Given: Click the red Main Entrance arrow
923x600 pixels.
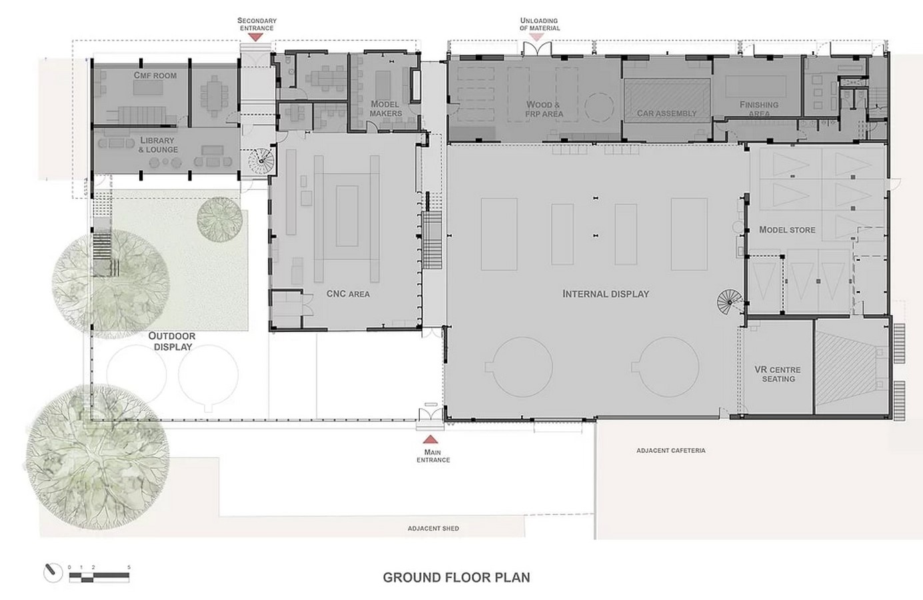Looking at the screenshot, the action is point(431,439).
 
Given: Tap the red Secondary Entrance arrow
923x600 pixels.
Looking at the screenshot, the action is point(256,37).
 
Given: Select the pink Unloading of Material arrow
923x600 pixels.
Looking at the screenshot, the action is point(536,37).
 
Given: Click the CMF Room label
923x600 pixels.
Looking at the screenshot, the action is point(155,75).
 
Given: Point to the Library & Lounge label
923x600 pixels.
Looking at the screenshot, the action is point(158,145).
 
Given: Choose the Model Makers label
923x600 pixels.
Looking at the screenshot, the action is point(385,109).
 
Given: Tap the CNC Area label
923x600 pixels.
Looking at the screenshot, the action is point(348,294).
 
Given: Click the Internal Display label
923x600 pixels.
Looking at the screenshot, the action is point(606,294).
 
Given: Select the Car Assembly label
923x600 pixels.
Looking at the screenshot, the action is point(666,113).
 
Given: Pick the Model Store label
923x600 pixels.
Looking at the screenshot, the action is point(787,230).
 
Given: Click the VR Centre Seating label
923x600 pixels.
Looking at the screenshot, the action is point(778,374).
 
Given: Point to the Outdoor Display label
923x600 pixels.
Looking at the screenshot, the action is point(172,341).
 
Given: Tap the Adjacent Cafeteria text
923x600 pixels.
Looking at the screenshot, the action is point(671,451).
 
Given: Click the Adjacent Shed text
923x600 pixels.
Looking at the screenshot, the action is point(433,528).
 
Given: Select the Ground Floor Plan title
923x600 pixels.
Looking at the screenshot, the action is point(457,577).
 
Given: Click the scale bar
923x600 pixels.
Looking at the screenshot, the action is point(99,577).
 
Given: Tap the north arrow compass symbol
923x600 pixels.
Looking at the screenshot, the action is point(53,572).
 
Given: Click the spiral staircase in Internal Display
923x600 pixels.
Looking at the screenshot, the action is point(729,302).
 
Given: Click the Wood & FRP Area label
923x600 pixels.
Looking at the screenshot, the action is point(544,109).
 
